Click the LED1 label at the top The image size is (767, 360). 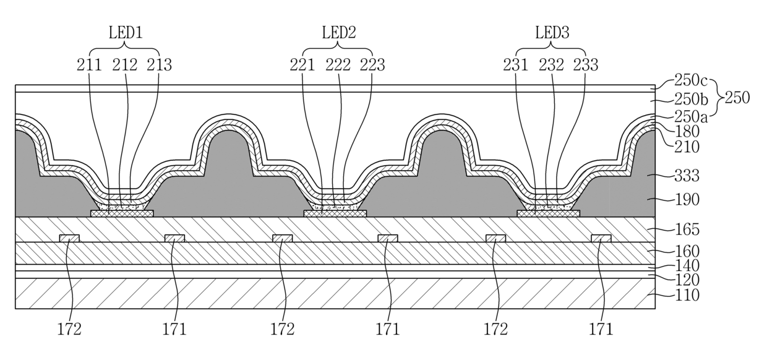[x=126, y=32]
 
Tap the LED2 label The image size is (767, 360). [x=338, y=32]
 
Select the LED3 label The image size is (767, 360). [x=551, y=32]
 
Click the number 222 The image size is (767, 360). [x=338, y=64]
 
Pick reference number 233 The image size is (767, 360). [x=586, y=64]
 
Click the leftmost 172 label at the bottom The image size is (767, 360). [x=69, y=329]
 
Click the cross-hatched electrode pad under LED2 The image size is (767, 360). [x=335, y=213]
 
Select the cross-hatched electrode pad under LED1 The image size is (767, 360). [x=122, y=213]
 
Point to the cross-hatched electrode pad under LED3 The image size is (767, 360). [x=548, y=213]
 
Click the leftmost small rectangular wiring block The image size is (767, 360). [x=69, y=238]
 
